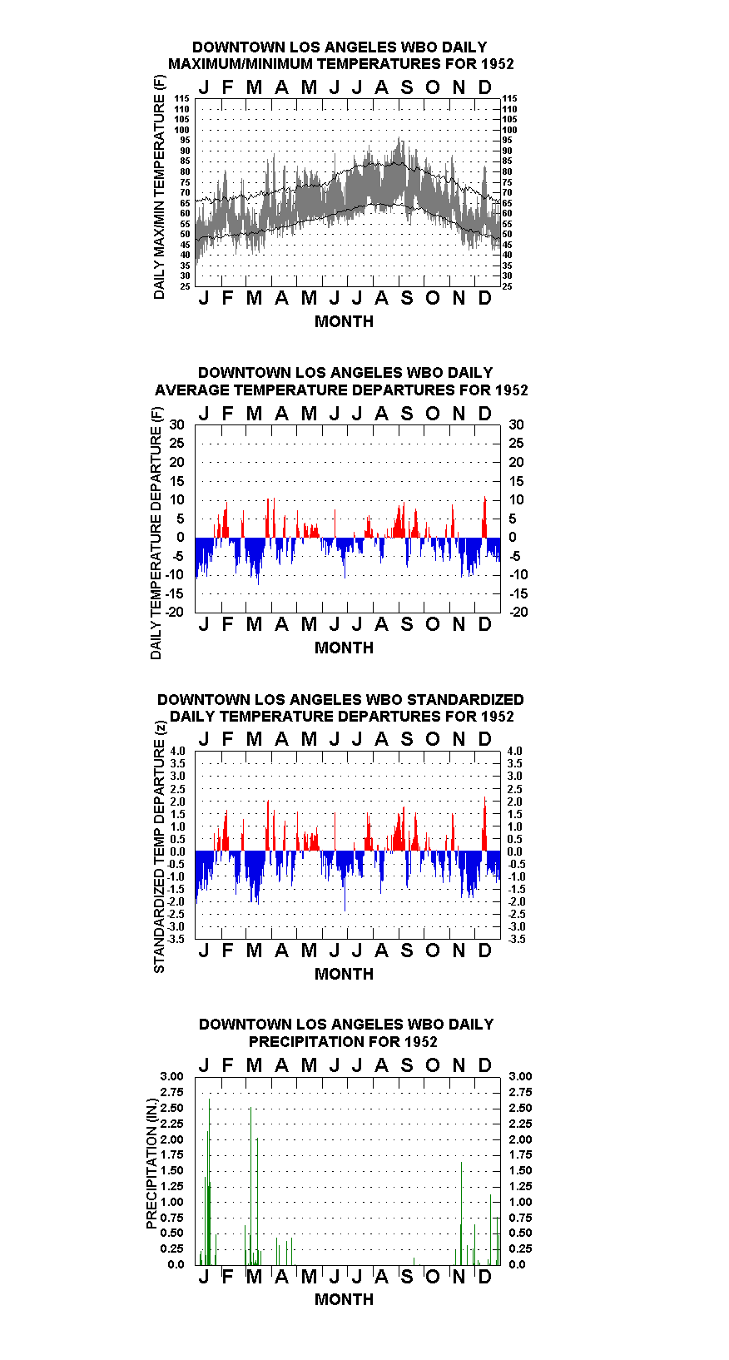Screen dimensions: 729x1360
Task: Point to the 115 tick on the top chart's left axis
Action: click(182, 98)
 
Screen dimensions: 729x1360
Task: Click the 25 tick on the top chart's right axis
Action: click(508, 286)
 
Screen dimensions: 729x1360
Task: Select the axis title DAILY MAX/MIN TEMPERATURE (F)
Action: click(159, 187)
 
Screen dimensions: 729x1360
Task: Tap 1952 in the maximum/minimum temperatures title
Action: click(497, 64)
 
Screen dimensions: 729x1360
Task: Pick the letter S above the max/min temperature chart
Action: click(407, 88)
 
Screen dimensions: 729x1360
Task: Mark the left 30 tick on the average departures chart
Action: click(176, 424)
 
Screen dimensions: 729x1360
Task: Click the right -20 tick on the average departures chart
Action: click(519, 612)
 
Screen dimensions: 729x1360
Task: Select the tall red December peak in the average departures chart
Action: click(484, 517)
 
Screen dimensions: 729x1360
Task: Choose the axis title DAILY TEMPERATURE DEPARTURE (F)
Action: click(156, 533)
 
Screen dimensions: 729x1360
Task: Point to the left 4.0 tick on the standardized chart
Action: click(177, 751)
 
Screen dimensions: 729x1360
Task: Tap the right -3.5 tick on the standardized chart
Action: click(517, 939)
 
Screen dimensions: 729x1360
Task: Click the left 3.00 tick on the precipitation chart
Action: click(171, 1076)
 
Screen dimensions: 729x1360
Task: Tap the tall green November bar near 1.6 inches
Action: click(461, 1214)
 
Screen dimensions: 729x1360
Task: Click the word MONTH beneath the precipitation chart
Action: click(345, 1299)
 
